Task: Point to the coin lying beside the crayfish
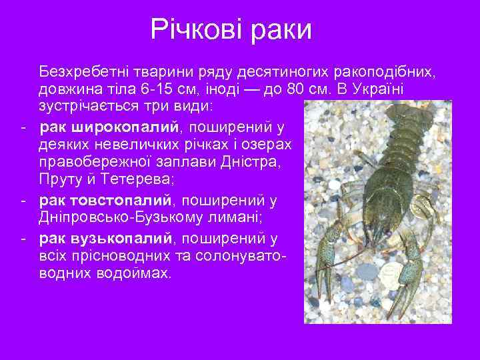387,269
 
